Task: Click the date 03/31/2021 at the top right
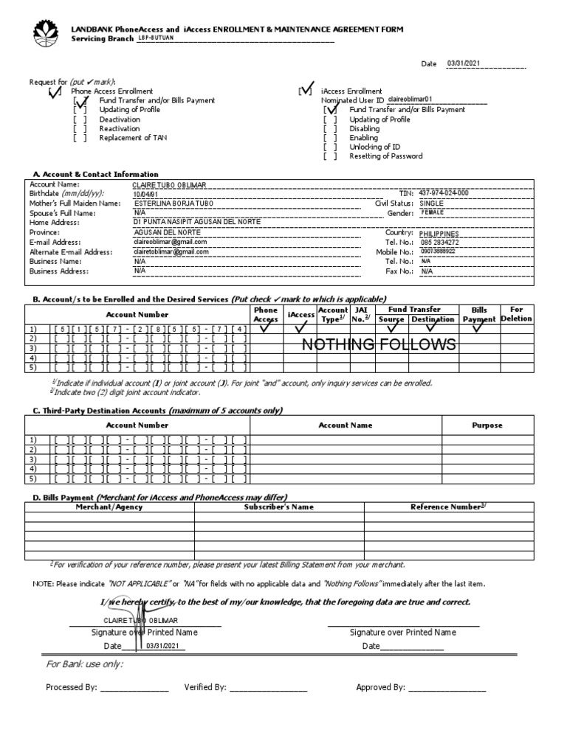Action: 464,63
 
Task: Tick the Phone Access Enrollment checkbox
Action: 54,91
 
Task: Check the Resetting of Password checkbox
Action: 329,156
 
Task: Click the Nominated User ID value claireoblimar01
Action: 410,99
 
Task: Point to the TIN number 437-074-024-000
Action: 443,193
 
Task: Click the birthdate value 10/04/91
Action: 145,194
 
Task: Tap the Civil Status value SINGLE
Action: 432,203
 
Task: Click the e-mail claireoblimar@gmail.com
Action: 171,242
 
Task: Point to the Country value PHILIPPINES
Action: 444,233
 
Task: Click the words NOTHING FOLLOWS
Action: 378,345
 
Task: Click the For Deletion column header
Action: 516,314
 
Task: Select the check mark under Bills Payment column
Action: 478,328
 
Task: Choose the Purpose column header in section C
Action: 487,425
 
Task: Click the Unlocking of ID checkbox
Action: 329,147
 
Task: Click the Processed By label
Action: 71,687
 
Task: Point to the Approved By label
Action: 380,687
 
